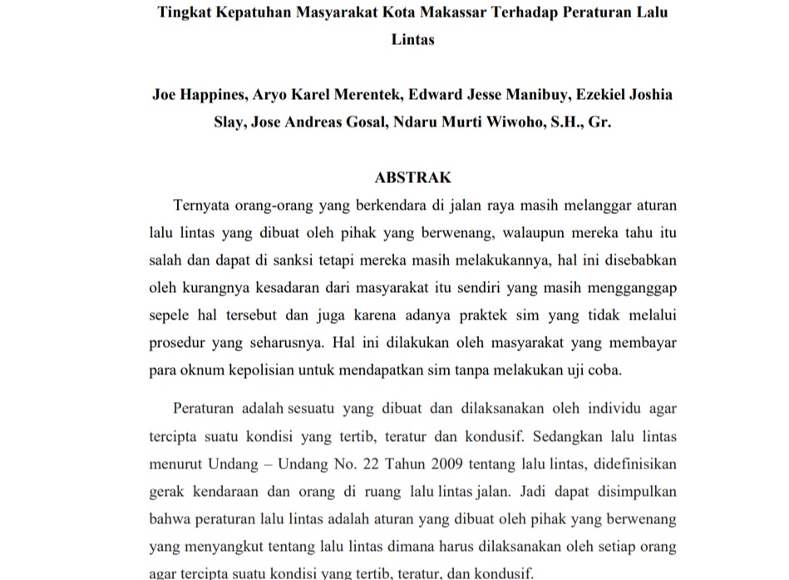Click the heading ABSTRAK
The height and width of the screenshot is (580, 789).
(412, 177)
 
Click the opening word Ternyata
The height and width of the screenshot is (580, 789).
(205, 205)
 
